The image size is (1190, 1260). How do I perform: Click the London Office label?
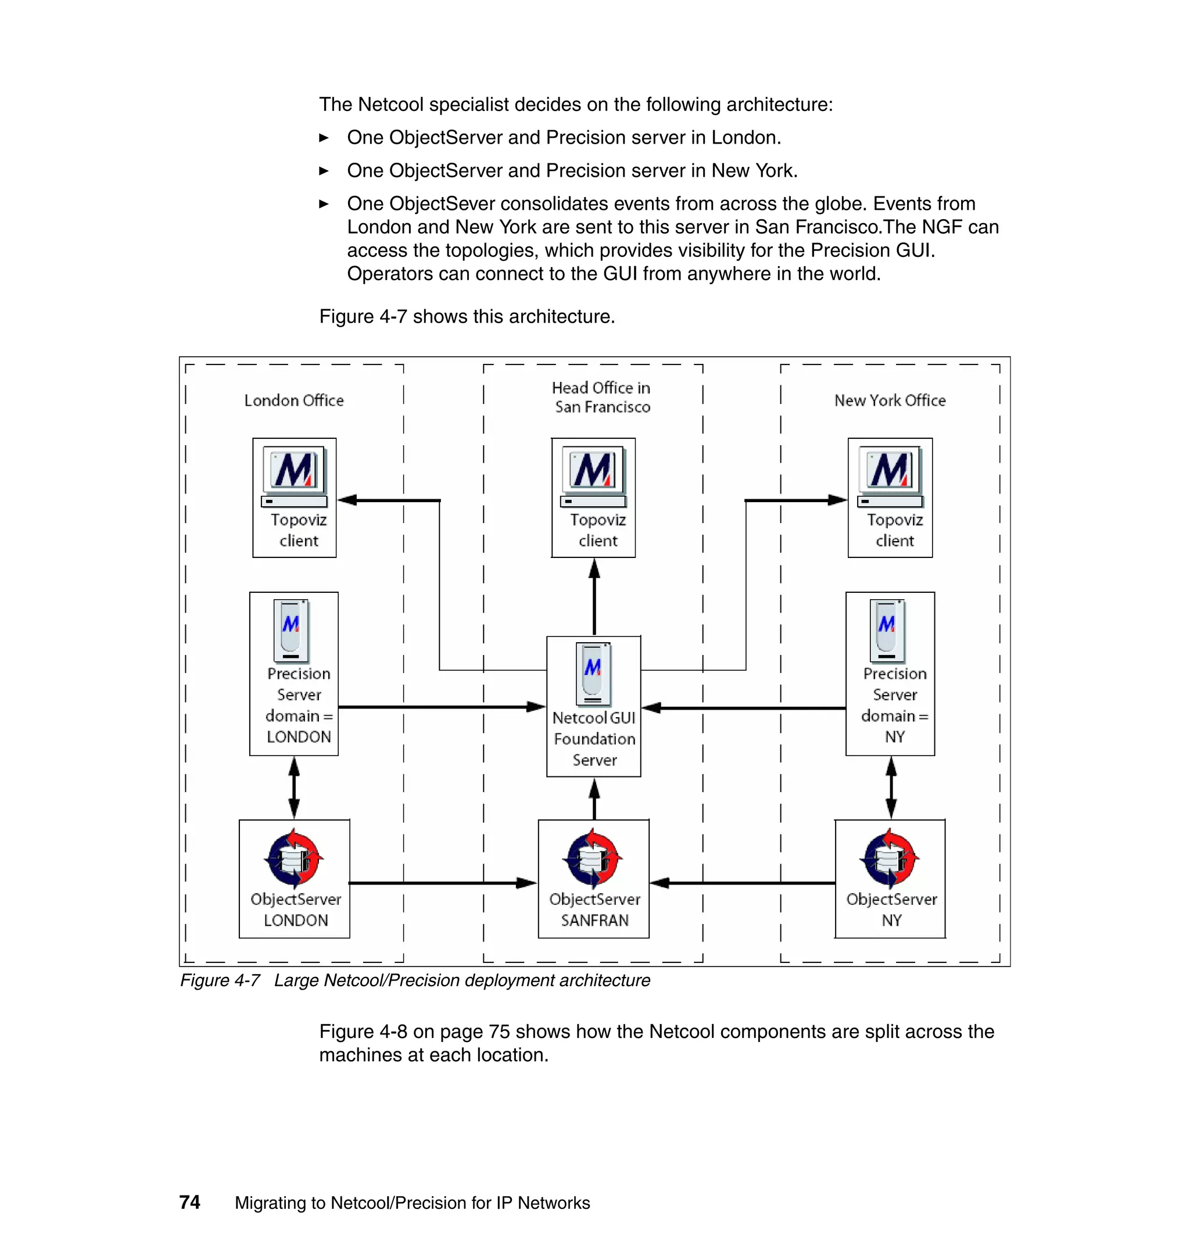(x=293, y=400)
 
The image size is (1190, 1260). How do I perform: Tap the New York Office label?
(x=890, y=400)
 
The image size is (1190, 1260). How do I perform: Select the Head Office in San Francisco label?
(x=601, y=397)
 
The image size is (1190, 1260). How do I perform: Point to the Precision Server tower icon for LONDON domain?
(x=291, y=630)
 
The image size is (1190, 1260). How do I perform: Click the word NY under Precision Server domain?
(x=894, y=736)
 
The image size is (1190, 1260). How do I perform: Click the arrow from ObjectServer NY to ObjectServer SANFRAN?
(x=742, y=882)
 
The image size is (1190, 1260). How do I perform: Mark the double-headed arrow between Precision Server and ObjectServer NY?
(x=891, y=787)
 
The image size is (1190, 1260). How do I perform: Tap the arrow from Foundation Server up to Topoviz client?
(x=594, y=596)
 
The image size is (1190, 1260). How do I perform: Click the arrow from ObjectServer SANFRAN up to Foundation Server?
(x=594, y=798)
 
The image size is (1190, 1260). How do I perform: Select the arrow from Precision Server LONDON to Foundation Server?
(x=442, y=707)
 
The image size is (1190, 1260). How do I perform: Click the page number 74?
(x=189, y=1202)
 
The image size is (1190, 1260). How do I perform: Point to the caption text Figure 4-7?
(x=220, y=981)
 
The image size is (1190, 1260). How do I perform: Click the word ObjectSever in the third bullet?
(x=442, y=203)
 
